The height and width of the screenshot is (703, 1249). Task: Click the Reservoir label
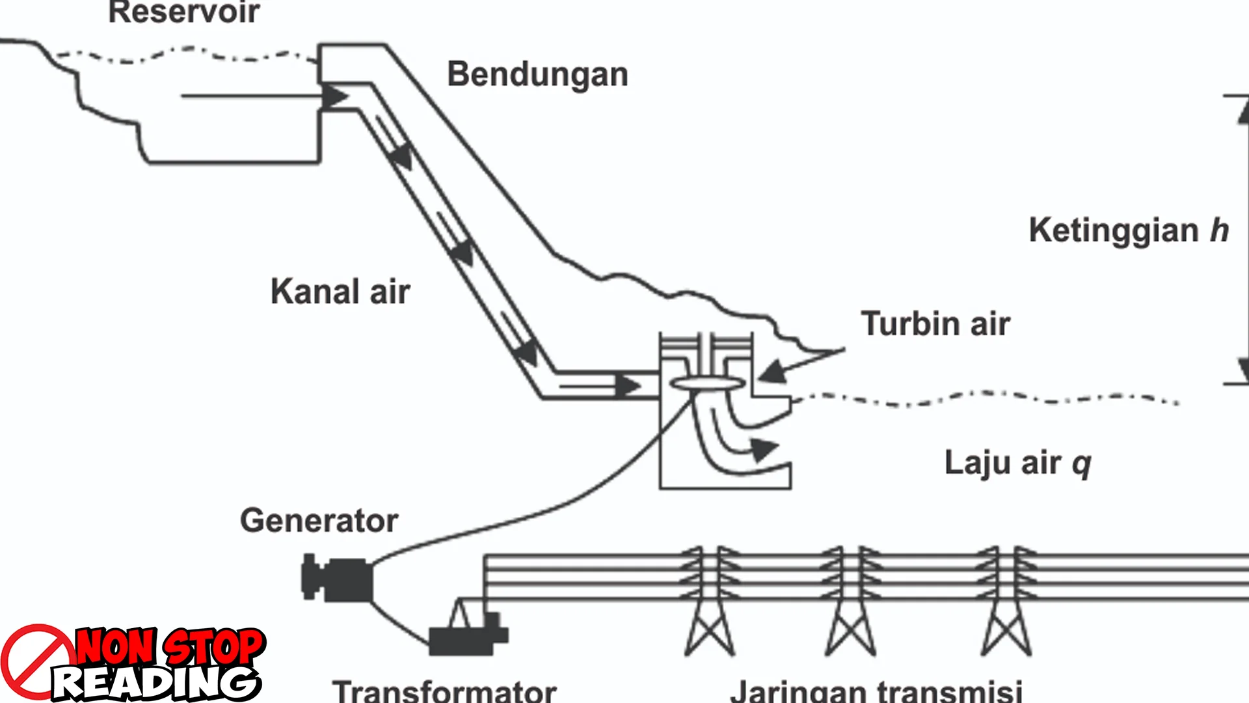coord(184,12)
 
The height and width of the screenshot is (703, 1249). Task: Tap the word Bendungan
coord(537,74)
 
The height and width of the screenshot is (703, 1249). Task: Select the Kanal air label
coord(340,291)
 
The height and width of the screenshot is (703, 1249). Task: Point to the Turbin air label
coord(935,324)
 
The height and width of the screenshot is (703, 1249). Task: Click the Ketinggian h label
coord(1129,230)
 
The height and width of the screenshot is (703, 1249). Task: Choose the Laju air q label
coord(1017,463)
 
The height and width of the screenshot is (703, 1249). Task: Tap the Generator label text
coord(319,521)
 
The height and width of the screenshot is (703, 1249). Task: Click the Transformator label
coord(444,690)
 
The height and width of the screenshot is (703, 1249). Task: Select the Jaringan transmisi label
coord(876,690)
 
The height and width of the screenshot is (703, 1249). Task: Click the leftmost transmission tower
coord(710,602)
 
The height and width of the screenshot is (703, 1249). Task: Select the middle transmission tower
coord(850,602)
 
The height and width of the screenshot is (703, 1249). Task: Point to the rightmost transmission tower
coord(1006,602)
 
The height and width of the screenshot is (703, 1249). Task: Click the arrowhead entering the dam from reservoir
coord(335,97)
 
